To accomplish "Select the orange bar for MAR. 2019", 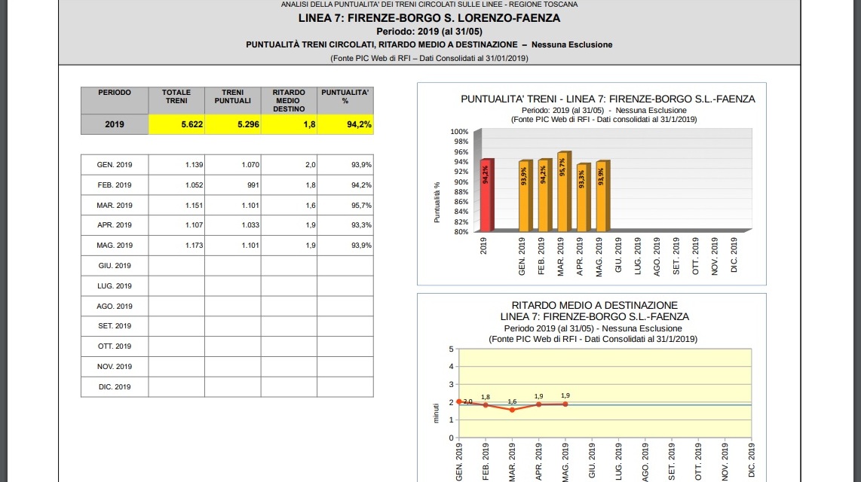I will coord(562,191).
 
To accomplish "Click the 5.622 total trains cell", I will coord(176,124).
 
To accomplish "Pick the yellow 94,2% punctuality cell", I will coord(345,124).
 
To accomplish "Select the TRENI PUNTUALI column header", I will coord(232,96).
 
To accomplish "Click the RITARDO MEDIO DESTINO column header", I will coord(289,100).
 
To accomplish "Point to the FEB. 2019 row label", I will coord(115,185).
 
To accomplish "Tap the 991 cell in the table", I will coord(232,185).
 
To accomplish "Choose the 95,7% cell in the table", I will coord(345,206).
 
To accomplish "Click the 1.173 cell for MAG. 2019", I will coord(176,246).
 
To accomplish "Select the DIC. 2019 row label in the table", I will coord(115,387).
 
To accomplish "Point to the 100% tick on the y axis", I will coord(459,132).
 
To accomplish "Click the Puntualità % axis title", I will coord(437,202).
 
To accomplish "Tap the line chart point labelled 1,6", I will coord(512,410).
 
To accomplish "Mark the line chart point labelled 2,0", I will coord(459,401).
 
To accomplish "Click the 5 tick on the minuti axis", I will coord(451,349).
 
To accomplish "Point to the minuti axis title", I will coord(437,412).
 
